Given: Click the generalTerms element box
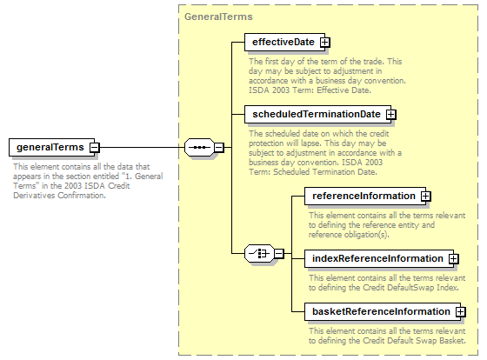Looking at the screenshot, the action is coord(51,147).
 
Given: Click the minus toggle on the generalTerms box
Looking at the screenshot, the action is coord(95,147).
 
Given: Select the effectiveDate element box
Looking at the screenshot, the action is coord(284,42).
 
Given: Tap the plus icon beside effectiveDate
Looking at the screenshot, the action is coord(325,42).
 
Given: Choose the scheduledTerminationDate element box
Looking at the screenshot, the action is coord(317,114).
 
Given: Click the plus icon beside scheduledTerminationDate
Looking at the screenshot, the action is coord(391,115).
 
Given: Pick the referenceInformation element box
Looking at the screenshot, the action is coord(365,196).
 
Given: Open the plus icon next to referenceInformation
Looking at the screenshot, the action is coord(426,197).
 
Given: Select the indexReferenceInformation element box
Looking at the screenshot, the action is coord(379,258).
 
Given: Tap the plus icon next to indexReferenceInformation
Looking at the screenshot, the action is coord(454,259).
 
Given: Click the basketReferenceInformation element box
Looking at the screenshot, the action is coord(383,311).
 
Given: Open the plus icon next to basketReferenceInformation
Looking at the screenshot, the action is coord(461,312).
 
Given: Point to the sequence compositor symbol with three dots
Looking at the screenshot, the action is coord(199,147).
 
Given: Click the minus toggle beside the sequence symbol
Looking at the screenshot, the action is coord(218,147).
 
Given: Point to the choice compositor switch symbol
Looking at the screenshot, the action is coord(260,253).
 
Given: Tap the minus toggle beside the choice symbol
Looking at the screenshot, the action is coord(279,253).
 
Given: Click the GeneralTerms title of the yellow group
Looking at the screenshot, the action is coord(218,17).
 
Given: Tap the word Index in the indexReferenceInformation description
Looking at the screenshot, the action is coord(448,288).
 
